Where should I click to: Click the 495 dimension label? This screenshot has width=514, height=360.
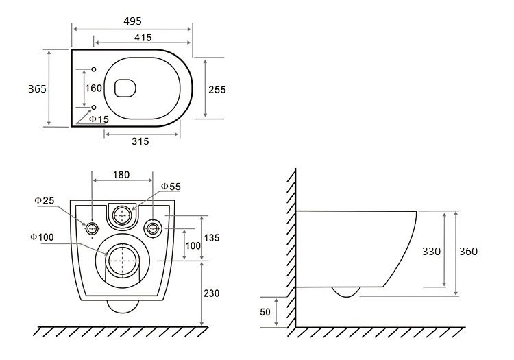[132, 21]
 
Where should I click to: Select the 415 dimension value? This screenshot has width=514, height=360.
[143, 38]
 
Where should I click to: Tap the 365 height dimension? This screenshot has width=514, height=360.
[38, 89]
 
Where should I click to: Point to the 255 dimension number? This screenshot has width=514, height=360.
[217, 90]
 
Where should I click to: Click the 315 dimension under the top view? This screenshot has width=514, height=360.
[140, 141]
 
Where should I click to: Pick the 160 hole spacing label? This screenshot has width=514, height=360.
[94, 88]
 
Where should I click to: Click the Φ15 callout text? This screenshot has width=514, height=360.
[99, 119]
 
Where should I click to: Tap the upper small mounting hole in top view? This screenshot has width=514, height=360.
[94, 69]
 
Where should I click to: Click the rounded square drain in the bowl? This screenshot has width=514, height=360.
[125, 88]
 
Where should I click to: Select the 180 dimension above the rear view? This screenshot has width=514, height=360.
[121, 175]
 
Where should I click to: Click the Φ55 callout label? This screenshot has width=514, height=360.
[171, 187]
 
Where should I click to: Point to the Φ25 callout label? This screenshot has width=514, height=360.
[45, 200]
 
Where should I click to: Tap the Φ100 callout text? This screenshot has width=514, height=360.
[42, 237]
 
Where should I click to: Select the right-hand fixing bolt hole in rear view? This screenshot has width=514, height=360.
[153, 228]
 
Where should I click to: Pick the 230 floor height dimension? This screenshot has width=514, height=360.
[212, 293]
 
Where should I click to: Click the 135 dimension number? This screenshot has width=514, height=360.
[212, 238]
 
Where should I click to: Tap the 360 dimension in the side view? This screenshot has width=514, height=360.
[469, 252]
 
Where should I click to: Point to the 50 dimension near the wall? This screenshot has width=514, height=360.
[265, 312]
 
